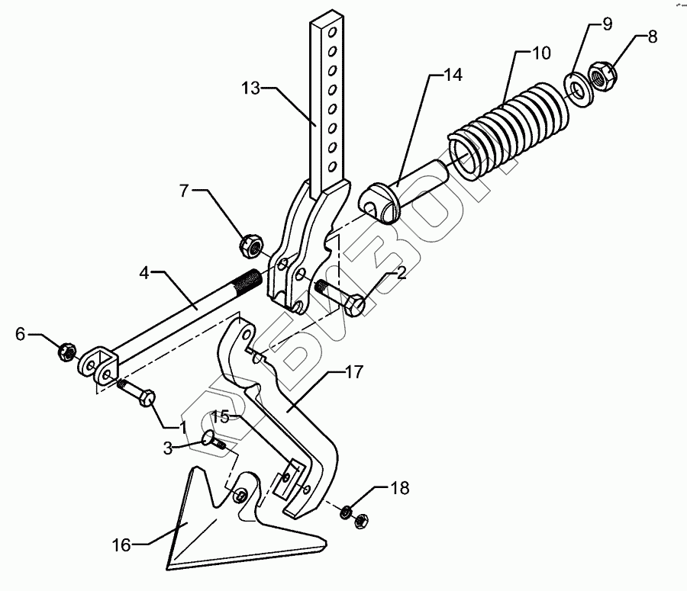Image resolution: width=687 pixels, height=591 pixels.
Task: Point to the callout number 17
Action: tap(353, 373)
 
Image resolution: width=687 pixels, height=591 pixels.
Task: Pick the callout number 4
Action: tap(149, 271)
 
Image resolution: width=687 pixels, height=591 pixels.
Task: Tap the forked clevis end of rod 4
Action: tap(96, 363)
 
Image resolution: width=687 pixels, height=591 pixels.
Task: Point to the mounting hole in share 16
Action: tap(242, 496)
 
